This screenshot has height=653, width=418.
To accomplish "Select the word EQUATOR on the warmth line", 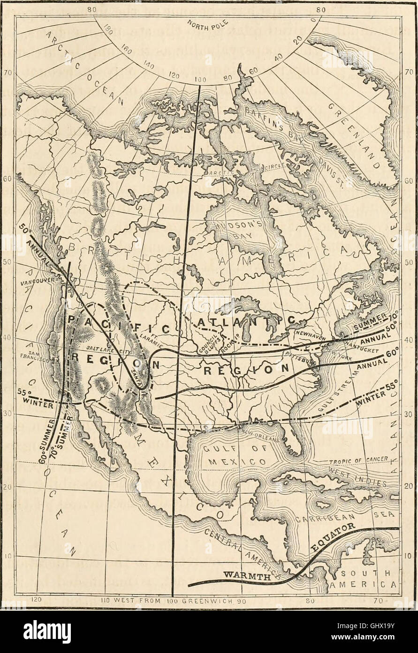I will point(334,536).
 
